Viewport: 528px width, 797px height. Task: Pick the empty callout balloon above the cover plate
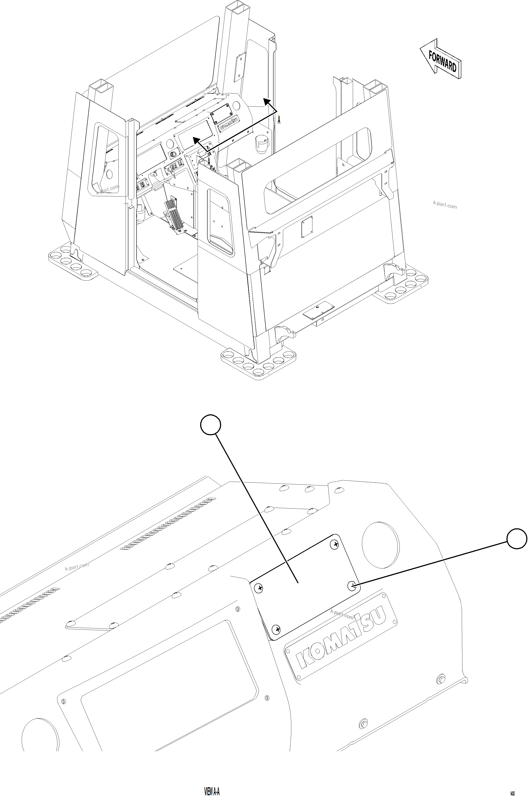click(x=210, y=425)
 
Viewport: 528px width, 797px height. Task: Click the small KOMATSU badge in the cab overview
click(x=229, y=124)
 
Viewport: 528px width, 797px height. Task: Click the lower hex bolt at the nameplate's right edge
click(x=363, y=723)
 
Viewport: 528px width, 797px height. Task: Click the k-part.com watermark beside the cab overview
click(x=444, y=205)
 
